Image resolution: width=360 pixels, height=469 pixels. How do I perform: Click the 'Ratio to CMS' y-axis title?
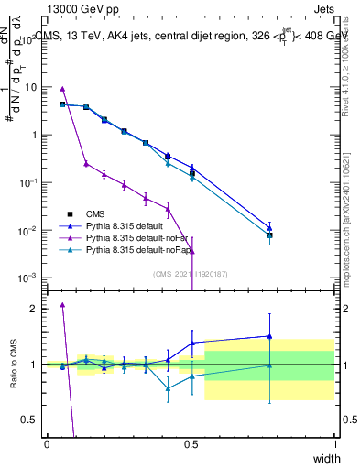[x=13, y=365]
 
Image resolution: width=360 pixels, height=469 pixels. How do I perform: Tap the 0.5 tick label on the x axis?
[x=191, y=443]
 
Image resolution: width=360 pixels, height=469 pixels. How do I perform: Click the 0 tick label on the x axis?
[x=47, y=443]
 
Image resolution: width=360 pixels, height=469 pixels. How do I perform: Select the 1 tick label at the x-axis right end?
[x=334, y=443]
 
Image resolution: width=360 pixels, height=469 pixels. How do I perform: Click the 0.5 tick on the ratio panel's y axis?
[x=31, y=420]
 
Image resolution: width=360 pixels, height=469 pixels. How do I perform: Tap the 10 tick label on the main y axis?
[x=31, y=87]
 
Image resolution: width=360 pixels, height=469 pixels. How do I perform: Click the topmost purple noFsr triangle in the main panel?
[x=62, y=89]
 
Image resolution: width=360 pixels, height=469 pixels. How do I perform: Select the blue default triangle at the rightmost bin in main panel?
[x=269, y=228]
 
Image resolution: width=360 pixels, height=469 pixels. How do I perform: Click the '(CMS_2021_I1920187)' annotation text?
[x=191, y=273]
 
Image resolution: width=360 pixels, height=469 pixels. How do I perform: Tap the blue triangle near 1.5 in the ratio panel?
[x=269, y=336]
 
